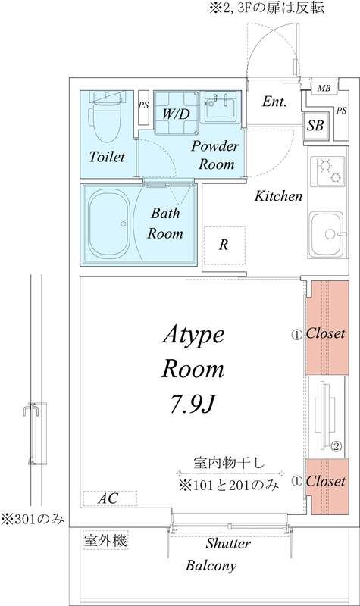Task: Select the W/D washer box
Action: coord(176,113)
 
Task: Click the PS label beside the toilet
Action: coord(143,106)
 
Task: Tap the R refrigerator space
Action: coord(224,245)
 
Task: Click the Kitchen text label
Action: coord(278,196)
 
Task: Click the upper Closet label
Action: coord(325,333)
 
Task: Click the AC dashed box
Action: coord(111,498)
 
